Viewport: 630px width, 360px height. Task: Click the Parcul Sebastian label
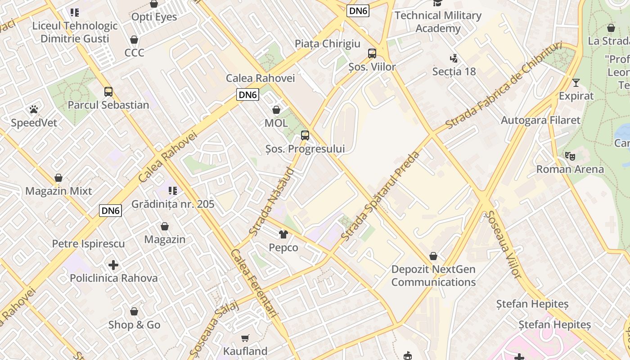[108, 105]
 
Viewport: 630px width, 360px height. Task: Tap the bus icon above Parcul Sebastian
[108, 92]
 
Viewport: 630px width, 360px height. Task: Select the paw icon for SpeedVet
[34, 109]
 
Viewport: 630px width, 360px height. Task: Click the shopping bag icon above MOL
[276, 110]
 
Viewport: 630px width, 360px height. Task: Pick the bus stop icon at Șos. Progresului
[305, 135]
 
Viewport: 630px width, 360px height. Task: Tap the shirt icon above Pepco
[283, 234]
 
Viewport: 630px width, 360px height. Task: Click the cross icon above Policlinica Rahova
[113, 265]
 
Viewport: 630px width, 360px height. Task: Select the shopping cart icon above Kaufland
[245, 338]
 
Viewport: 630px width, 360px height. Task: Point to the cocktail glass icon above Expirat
[576, 83]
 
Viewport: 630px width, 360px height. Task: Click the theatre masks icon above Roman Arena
[570, 156]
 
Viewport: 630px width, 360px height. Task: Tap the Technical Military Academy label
[438, 22]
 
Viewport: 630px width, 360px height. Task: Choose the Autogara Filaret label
[540, 120]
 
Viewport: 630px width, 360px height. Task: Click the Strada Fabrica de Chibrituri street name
[504, 85]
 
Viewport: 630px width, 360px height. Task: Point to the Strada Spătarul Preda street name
[381, 195]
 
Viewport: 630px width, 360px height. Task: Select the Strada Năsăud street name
[272, 201]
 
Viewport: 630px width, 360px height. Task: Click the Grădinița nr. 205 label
[173, 204]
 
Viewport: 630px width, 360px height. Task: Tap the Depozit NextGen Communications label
[433, 276]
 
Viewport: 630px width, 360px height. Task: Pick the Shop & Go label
[134, 325]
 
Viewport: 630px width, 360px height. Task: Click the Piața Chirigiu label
[328, 44]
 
